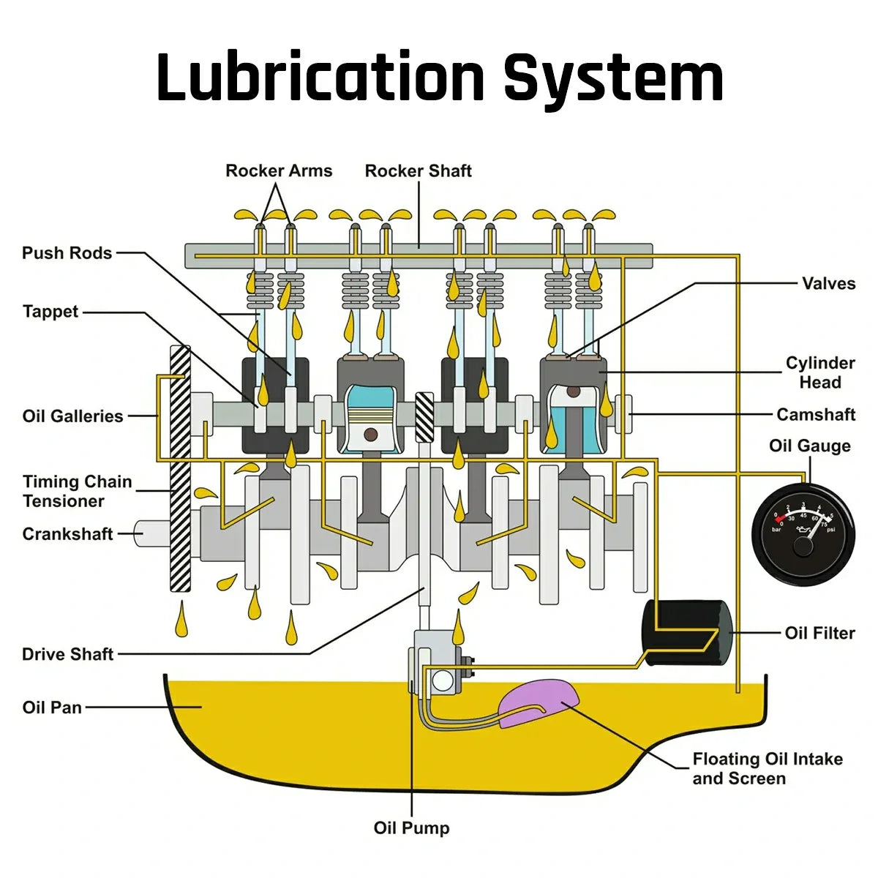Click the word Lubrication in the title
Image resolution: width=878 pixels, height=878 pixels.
pyautogui.click(x=320, y=77)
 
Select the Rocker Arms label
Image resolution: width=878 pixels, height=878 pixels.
pyautogui.click(x=279, y=171)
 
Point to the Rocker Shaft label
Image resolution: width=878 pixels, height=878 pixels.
pyautogui.click(x=418, y=171)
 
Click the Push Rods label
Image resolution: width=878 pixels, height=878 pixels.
pyautogui.click(x=67, y=253)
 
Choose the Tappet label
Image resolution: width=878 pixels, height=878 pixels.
pyautogui.click(x=50, y=312)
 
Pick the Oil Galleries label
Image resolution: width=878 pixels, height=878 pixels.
pyautogui.click(x=72, y=416)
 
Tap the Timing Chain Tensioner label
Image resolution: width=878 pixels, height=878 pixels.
pyautogui.click(x=77, y=492)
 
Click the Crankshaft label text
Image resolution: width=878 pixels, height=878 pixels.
pyautogui.click(x=67, y=534)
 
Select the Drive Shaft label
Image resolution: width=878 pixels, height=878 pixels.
pyautogui.click(x=67, y=654)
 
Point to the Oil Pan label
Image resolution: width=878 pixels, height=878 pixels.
pyautogui.click(x=52, y=708)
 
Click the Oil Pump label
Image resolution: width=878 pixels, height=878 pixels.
pyautogui.click(x=411, y=828)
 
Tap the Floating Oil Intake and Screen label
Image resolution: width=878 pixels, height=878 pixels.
pyautogui.click(x=767, y=769)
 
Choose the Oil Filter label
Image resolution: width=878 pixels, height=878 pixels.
pyautogui.click(x=819, y=633)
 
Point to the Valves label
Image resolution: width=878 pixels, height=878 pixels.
pyautogui.click(x=828, y=284)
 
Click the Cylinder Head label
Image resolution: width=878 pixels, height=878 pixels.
pyautogui.click(x=819, y=372)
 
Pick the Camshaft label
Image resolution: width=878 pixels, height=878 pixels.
pyautogui.click(x=816, y=415)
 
